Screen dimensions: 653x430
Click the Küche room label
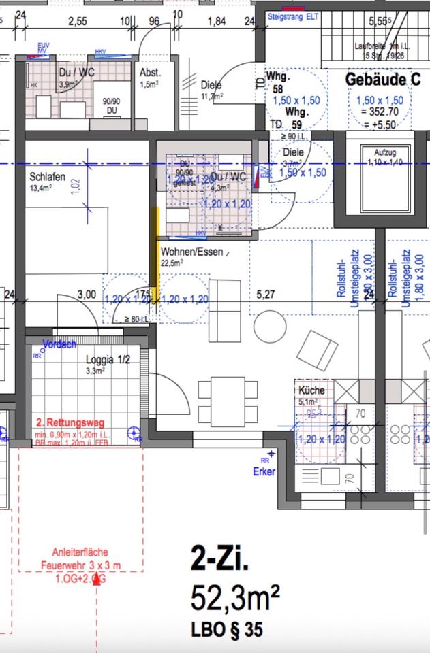coord(311,390)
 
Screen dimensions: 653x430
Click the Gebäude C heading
coord(382,79)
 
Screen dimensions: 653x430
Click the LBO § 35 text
coord(226,631)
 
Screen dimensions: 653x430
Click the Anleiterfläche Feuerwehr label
coord(80,558)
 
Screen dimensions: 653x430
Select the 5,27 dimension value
coord(266,295)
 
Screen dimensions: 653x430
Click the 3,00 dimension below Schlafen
coord(87,295)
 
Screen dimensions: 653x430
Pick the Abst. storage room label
coord(149,73)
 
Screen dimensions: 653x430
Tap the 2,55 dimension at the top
coord(78,21)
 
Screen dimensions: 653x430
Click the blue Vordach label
coord(59,344)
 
